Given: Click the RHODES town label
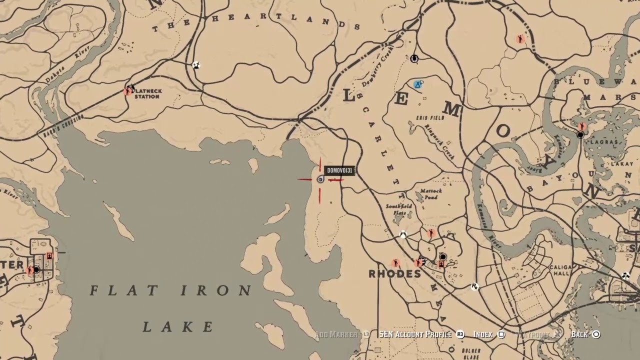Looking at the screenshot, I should tap(394, 274).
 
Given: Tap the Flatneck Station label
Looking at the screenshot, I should tap(147, 93).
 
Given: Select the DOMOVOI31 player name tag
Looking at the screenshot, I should tap(339, 170).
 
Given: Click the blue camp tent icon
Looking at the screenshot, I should tap(418, 84).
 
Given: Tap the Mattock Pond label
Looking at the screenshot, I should tap(430, 194).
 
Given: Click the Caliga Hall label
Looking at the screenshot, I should tap(559, 271).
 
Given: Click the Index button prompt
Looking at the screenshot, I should tap(483, 334).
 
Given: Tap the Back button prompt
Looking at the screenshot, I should tap(579, 334).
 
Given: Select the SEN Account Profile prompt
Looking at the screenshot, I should tap(415, 334).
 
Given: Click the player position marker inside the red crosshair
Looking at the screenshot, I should tap(320, 179).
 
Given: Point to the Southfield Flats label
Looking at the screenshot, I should tap(399, 209).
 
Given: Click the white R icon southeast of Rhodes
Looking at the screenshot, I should tap(474, 286).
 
